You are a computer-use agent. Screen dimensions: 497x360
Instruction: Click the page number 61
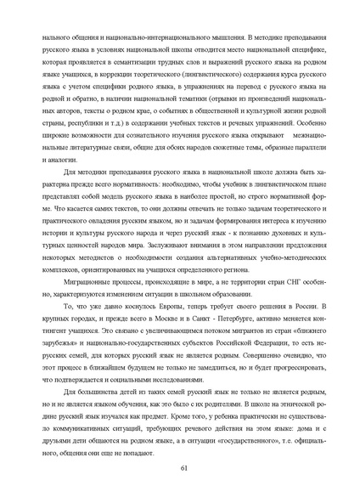point(183,467)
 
